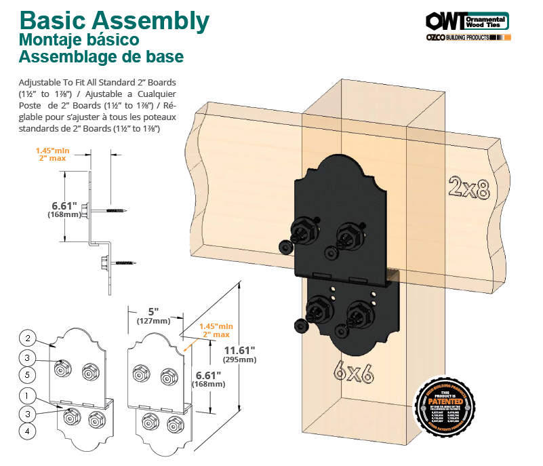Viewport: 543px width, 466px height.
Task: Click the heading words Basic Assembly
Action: pos(114,21)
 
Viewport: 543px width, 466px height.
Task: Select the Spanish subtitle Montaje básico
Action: pos(79,41)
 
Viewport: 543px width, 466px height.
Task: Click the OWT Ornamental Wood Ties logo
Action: pos(468,20)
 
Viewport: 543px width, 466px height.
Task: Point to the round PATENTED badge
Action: pos(445,406)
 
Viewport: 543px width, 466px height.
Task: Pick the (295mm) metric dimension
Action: pos(242,360)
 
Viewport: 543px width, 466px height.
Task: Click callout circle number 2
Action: pos(27,338)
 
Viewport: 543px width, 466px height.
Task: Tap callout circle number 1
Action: pos(27,395)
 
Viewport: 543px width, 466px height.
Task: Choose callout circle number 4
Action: pos(27,430)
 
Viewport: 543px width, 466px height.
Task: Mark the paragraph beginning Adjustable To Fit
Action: pos(98,106)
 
